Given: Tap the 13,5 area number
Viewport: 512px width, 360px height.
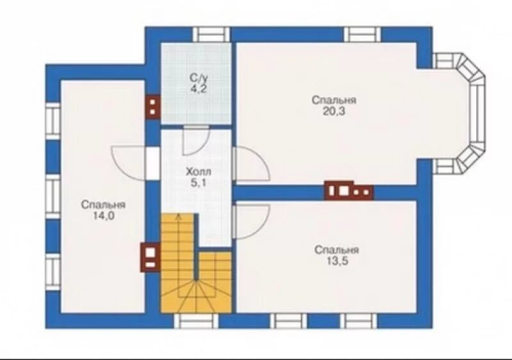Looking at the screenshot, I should [336, 260].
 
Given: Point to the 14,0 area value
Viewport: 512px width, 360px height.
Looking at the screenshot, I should [102, 215].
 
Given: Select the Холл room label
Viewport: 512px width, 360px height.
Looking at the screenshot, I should [198, 172].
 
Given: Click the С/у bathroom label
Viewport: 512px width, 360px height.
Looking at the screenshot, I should [197, 77].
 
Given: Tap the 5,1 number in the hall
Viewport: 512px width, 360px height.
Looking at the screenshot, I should [198, 183].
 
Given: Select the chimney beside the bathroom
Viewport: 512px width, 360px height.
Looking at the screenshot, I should [153, 107].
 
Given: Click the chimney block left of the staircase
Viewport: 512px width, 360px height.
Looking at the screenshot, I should [148, 258].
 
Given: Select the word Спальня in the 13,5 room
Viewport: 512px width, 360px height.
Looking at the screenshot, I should [336, 250].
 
